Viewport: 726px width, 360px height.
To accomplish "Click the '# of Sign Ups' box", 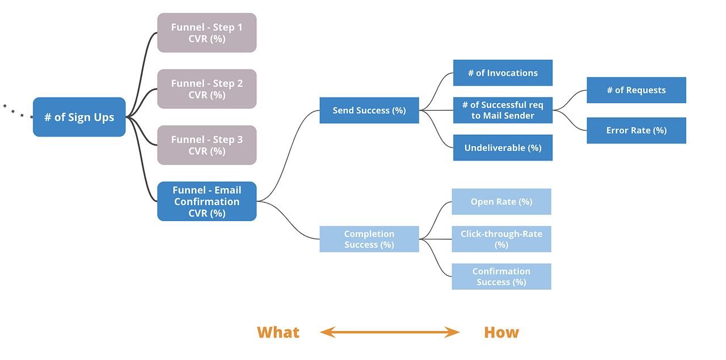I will (79, 117).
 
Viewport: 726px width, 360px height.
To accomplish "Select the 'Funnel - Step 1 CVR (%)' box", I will (207, 33).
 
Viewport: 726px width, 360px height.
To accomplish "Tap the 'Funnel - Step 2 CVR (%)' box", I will (207, 89).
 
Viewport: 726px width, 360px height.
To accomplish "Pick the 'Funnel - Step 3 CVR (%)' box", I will (207, 145).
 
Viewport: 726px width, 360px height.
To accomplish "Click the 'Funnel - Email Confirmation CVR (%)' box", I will (207, 201).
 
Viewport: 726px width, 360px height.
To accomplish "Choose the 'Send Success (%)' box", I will (369, 111).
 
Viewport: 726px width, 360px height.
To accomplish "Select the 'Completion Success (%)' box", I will (369, 239).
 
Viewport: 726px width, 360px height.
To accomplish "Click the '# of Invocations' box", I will (503, 73).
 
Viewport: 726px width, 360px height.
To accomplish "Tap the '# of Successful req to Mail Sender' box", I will (503, 111).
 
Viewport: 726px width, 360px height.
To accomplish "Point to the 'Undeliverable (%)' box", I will (503, 148).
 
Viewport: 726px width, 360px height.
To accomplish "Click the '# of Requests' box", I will (636, 90).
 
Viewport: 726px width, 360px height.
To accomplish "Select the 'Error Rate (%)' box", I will (636, 130).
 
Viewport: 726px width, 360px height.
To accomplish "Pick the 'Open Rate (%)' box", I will (501, 202).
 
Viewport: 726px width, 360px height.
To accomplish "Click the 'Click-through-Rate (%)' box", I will (501, 239).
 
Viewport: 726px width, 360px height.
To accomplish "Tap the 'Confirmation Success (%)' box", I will (501, 277).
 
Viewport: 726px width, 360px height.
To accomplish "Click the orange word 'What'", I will (278, 332).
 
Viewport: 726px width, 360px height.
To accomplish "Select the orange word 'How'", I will (501, 332).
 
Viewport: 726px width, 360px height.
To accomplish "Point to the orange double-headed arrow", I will (390, 332).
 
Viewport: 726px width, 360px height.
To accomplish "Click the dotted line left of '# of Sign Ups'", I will (17, 111).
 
